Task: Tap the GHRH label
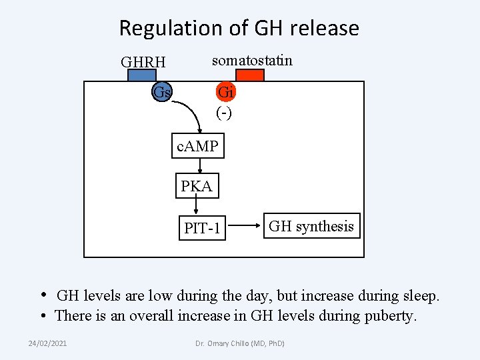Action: pos(143,63)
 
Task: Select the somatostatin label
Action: pos(252,61)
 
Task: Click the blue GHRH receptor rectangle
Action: pos(142,75)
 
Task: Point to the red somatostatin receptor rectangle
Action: pos(250,75)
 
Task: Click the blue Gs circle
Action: pos(162,92)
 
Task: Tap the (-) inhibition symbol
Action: pos(224,113)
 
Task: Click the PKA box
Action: pos(197,187)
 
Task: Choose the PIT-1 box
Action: pos(202,229)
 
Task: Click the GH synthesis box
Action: pos(311,227)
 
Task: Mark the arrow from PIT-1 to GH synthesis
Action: pos(243,227)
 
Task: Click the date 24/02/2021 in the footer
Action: pos(47,343)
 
